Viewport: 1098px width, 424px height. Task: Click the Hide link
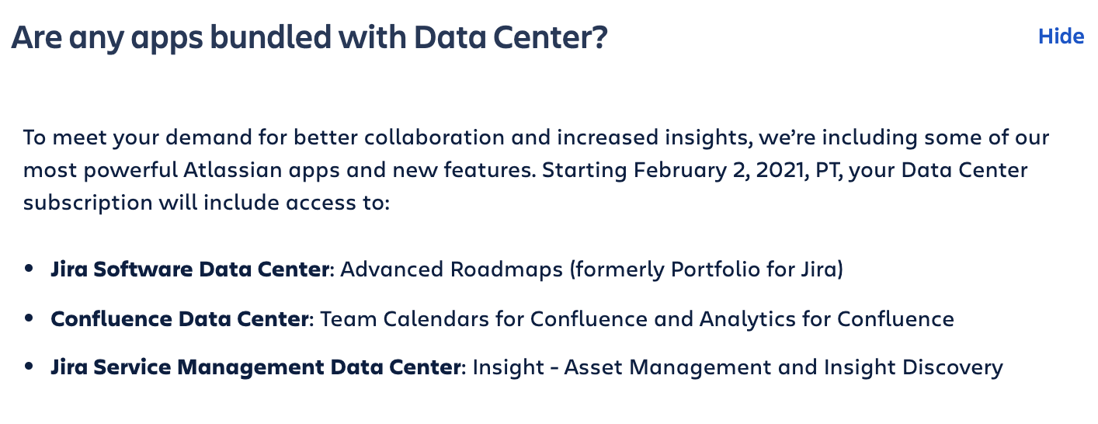point(1061,36)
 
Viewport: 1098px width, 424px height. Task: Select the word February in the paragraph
point(680,171)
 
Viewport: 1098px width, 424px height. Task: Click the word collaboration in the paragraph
point(434,137)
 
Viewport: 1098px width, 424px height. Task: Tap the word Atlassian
point(233,170)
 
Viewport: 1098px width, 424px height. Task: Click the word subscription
point(88,203)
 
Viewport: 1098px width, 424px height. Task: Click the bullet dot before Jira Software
point(29,268)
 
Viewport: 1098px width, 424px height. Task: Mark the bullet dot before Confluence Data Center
point(29,318)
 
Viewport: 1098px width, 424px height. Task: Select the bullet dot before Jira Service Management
point(29,367)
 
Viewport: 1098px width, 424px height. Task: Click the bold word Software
point(143,269)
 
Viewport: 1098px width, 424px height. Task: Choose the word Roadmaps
point(506,269)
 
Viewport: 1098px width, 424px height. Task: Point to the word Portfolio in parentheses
point(715,269)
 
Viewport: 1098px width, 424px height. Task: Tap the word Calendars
point(436,319)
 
